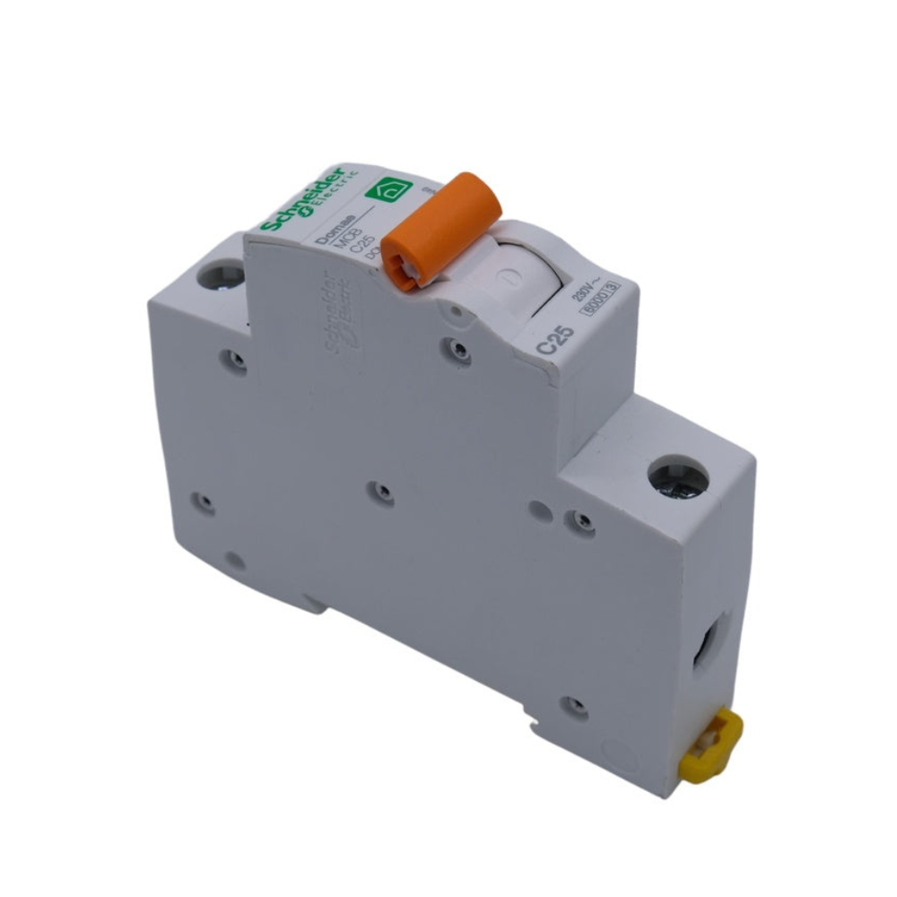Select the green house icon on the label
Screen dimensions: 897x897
tap(393, 190)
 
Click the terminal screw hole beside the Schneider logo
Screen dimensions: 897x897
tap(221, 274)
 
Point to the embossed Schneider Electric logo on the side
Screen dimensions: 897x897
tap(339, 318)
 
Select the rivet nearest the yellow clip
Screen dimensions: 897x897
tap(575, 705)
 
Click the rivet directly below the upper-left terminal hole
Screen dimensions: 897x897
tap(235, 361)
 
